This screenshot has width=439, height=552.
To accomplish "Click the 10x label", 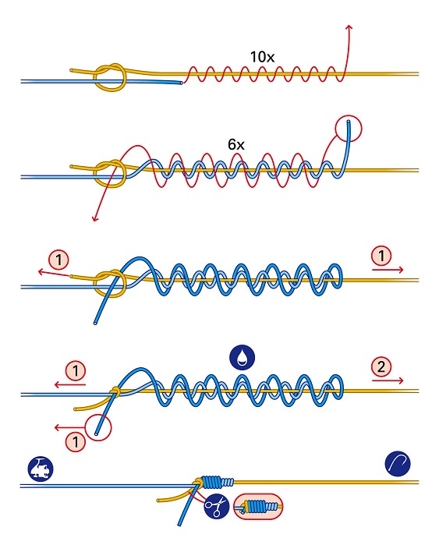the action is [262, 57].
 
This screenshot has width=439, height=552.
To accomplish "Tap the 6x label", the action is [235, 144].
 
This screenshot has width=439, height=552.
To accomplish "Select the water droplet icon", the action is [243, 357].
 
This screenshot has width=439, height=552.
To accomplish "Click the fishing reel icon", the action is [41, 469].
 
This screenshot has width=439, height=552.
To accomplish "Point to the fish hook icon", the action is [398, 464].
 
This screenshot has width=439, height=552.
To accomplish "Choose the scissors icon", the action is [217, 506].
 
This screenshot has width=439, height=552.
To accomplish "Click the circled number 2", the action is [381, 367].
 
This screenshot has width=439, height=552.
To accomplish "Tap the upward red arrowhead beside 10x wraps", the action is [349, 27].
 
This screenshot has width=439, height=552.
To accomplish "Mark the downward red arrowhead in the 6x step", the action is [94, 218].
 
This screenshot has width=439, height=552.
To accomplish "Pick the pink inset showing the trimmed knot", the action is [258, 506].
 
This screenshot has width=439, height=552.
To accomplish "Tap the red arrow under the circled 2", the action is [388, 380].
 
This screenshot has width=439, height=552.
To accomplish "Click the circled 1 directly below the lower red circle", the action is [76, 441].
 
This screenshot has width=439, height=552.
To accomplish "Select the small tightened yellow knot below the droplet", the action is [115, 391].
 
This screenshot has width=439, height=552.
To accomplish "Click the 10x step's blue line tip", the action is [181, 83].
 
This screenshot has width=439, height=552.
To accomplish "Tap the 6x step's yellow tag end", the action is [73, 166].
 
